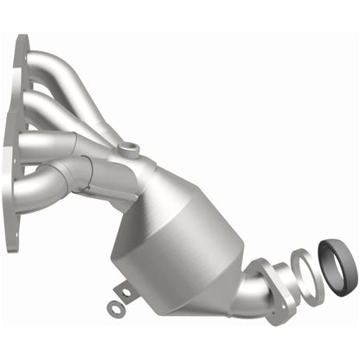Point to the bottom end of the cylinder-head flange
[x=11, y=247]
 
